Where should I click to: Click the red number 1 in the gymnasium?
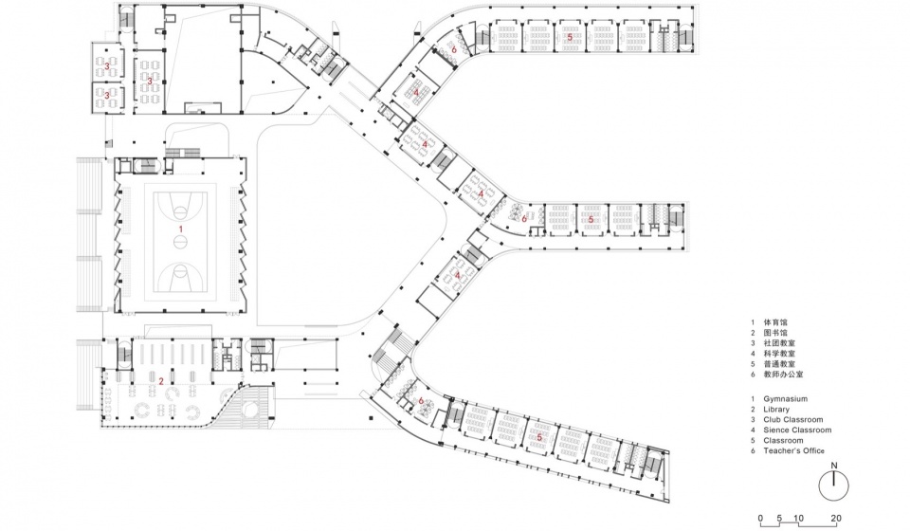[180, 229]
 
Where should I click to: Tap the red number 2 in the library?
[161, 381]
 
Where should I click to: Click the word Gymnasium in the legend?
[785, 399]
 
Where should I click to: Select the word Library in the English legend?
[776, 409]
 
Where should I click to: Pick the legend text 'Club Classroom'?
[793, 419]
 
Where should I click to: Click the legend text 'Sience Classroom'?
[797, 430]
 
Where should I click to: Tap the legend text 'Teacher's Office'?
[794, 451]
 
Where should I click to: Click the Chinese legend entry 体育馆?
[775, 322]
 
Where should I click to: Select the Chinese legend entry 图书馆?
[775, 333]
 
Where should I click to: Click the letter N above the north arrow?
[834, 466]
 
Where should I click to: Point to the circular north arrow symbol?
[834, 485]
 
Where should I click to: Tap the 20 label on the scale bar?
[836, 519]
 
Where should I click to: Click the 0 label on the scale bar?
[760, 519]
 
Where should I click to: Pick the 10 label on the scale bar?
[798, 519]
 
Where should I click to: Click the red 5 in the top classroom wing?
[570, 38]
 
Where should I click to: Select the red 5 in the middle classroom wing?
[591, 219]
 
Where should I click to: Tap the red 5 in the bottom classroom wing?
[539, 437]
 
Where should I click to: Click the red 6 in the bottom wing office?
[421, 400]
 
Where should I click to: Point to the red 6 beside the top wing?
[454, 50]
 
